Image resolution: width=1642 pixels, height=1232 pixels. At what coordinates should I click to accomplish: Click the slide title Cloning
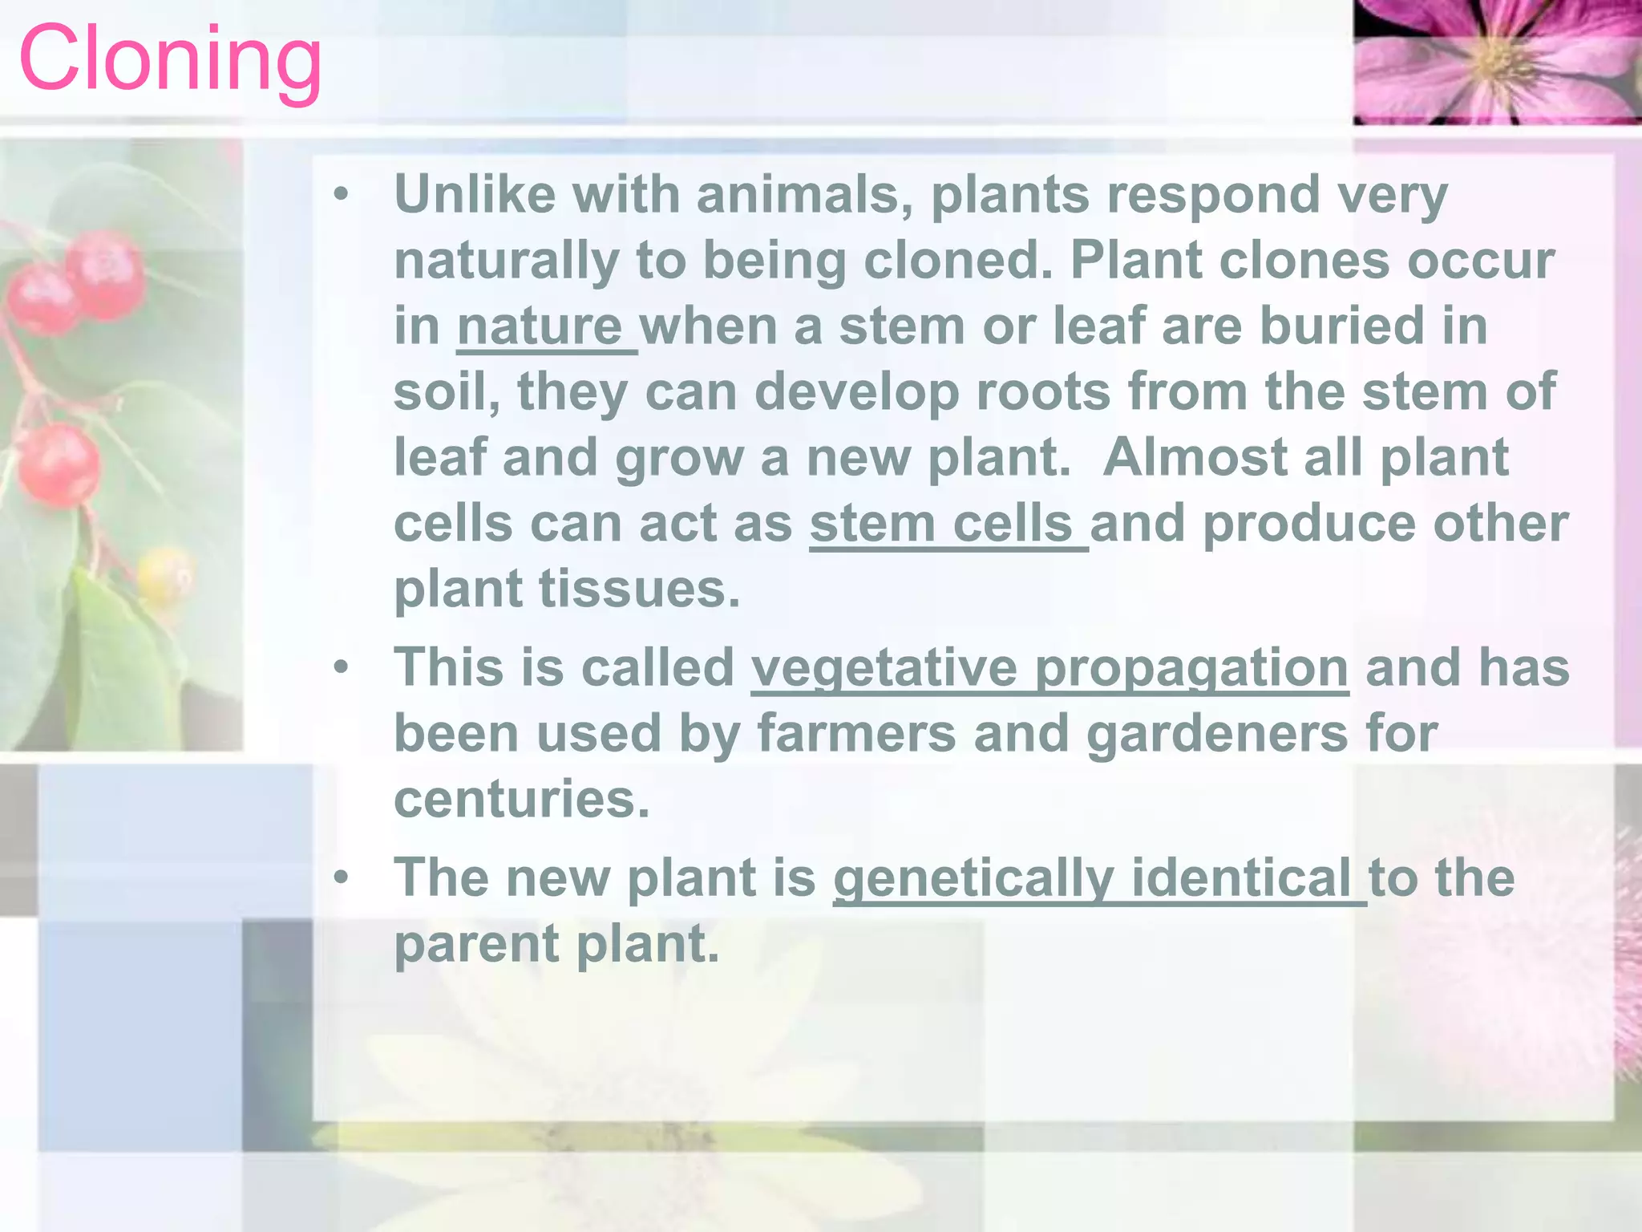(x=170, y=61)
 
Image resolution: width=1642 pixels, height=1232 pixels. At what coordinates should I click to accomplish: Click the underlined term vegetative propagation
(x=1050, y=668)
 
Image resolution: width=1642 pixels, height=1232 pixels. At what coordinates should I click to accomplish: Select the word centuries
(x=521, y=800)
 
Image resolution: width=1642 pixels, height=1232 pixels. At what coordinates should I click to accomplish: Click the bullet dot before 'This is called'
(x=342, y=668)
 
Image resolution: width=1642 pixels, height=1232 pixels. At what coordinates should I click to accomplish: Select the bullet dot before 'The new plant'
(x=342, y=878)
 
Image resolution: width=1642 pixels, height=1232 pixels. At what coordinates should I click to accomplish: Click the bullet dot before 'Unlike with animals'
(x=342, y=195)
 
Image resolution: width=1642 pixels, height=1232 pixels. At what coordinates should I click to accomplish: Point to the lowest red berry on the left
(x=59, y=465)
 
